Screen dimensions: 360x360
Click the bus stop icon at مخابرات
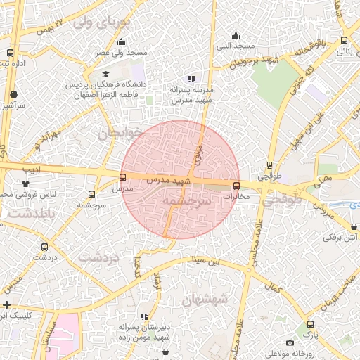236,186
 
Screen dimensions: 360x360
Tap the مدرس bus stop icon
123,178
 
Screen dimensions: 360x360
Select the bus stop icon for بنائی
344,41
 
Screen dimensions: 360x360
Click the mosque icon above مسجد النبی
236,34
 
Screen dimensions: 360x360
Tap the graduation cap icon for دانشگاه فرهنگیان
105,75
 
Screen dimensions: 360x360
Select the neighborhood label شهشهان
205,300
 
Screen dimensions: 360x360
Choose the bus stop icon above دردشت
45,247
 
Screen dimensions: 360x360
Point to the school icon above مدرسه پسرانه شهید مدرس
191,79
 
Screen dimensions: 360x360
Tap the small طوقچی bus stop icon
269,166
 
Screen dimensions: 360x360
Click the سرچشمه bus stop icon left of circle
91,194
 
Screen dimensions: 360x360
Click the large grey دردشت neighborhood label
99,257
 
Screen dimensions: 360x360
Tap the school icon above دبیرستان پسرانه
144,317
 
